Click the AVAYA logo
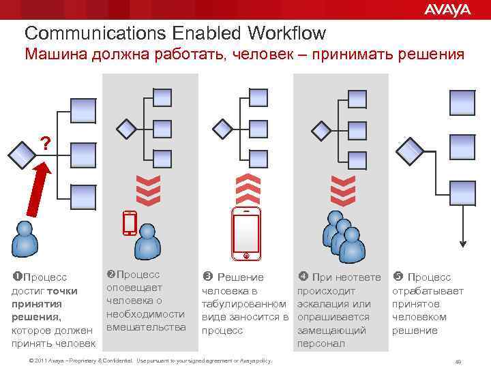coord(447,10)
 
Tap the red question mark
coord(45,143)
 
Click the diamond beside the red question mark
coord(22,153)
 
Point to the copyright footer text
coord(146,360)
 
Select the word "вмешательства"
coord(146,327)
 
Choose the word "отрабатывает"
coord(427,291)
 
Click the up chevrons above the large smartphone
coord(246,188)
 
